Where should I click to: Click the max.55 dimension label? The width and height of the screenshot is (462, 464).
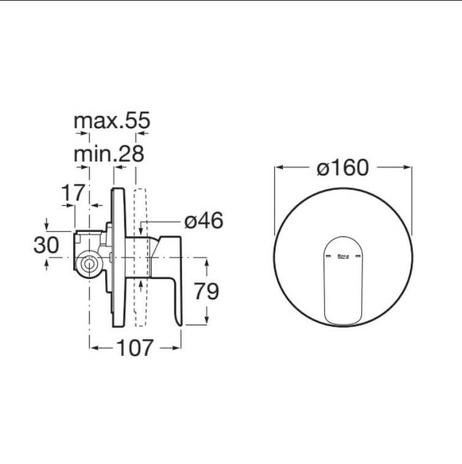(112, 120)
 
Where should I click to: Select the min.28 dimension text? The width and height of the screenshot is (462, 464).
(109, 154)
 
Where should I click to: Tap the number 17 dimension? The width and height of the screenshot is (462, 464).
(73, 193)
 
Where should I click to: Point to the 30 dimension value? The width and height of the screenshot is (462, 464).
(46, 245)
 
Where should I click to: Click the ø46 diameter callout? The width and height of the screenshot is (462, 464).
(204, 221)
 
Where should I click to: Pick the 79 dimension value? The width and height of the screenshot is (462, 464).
(207, 291)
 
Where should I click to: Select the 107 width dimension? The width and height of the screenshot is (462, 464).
(135, 348)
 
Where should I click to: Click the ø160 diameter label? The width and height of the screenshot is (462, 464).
(343, 167)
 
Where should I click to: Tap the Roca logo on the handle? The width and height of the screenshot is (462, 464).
(343, 256)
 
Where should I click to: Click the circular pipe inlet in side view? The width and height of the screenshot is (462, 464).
(89, 264)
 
